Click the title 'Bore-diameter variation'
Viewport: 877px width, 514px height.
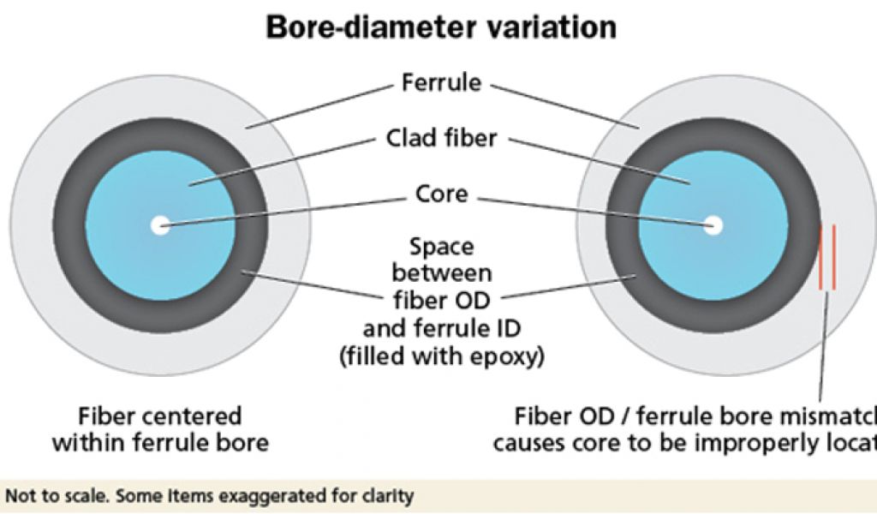pos(441,27)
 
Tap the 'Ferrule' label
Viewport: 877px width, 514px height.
pos(441,84)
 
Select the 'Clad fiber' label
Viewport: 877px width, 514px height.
pos(441,138)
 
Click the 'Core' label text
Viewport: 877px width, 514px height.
pos(441,194)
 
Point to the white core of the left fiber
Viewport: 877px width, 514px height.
pos(160,226)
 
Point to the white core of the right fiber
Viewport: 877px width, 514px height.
pos(713,226)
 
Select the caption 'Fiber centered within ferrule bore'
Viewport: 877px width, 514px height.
pos(160,430)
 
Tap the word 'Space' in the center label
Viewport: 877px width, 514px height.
pos(441,248)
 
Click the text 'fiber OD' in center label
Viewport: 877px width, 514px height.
pos(441,302)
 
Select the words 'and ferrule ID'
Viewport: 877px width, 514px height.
pos(441,329)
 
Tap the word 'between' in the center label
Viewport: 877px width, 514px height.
pos(441,274)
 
